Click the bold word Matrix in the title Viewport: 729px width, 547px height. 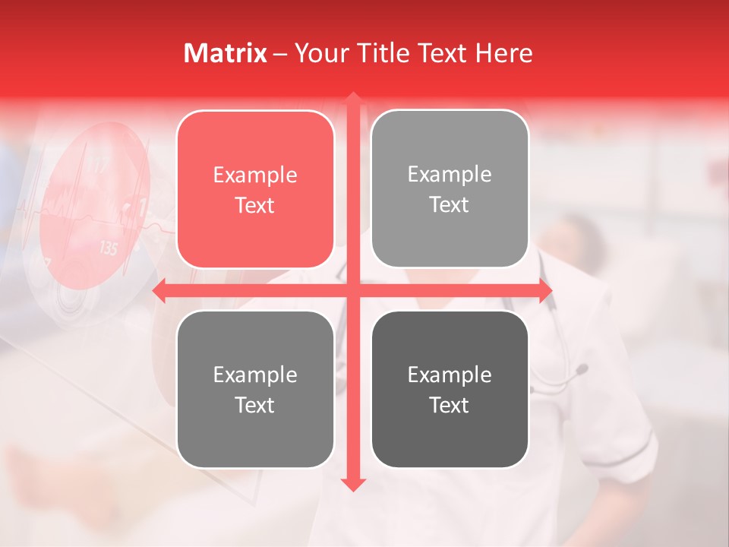[226, 53]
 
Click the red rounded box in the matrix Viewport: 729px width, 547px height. [255, 189]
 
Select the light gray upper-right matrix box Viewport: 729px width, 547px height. [450, 189]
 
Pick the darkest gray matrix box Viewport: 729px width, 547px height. [450, 389]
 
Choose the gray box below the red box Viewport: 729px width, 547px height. [255, 389]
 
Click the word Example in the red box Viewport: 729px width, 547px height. [255, 175]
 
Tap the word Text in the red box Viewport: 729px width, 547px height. [255, 205]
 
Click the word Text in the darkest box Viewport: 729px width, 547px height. [450, 406]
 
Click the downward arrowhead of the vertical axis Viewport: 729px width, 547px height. [352, 484]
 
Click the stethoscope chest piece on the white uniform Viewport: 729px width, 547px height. [580, 370]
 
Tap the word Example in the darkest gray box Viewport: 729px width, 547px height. [450, 375]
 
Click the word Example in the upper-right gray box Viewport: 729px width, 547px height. [450, 175]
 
